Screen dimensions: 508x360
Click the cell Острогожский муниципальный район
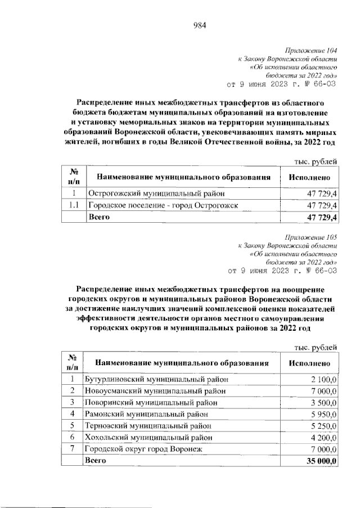154,194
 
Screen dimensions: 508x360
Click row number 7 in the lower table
72,449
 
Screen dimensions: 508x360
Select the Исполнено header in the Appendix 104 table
308,177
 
